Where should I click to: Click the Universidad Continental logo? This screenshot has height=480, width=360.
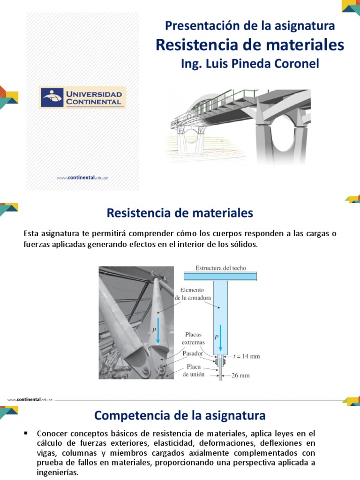(82, 97)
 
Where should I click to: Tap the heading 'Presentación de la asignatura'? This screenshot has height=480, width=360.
(250, 26)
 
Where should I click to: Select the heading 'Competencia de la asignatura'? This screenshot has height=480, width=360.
(180, 415)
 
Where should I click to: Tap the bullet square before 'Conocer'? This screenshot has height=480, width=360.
(27, 432)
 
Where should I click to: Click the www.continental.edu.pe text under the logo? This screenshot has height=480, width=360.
(82, 178)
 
